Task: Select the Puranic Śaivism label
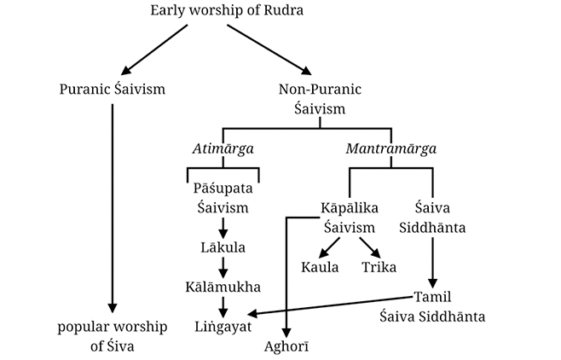[113, 90]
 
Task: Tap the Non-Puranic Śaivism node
[321, 98]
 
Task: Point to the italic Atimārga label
[223, 148]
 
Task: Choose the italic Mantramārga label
[391, 148]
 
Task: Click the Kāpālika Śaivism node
[350, 217]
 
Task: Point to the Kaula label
[321, 266]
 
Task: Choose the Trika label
[379, 266]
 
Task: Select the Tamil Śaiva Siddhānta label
[432, 306]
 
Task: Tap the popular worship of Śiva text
[113, 335]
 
